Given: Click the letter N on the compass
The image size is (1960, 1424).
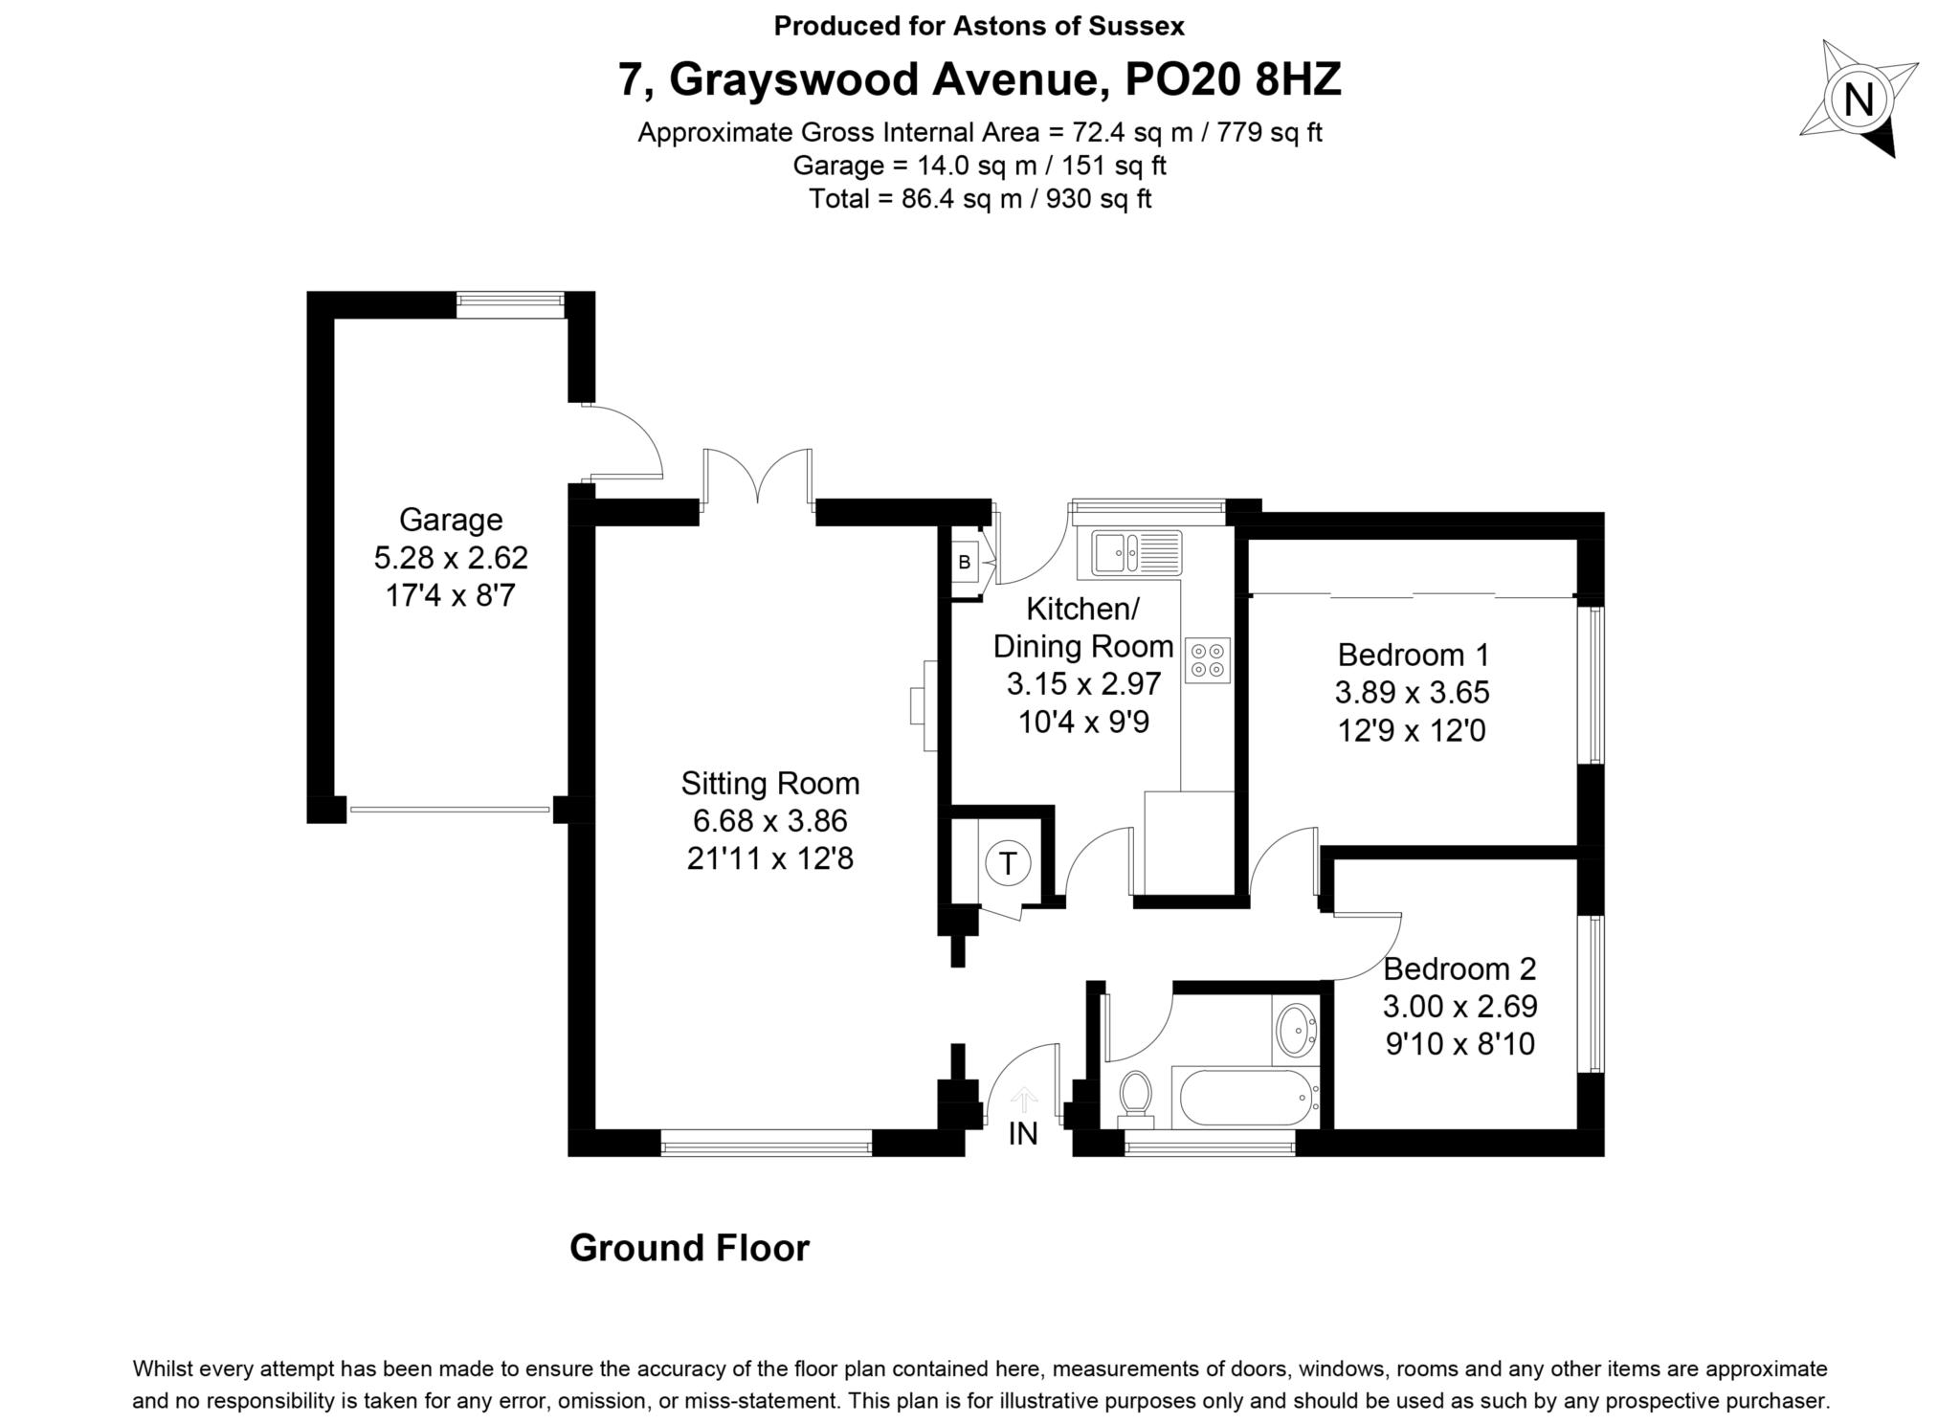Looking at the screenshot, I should click(x=1859, y=100).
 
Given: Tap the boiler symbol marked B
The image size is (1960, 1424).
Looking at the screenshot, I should click(x=965, y=563).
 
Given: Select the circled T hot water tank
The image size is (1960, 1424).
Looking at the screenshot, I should click(x=1007, y=864).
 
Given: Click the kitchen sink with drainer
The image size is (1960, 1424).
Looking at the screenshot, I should click(x=1129, y=554).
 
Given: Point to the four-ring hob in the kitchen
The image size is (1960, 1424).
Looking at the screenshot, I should click(x=1207, y=660).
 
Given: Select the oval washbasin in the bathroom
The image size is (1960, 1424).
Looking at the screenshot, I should click(x=1297, y=1030).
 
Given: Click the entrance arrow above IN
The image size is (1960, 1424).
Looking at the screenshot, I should click(x=1024, y=1099).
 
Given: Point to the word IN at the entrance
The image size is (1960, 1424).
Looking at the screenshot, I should click(x=1023, y=1134).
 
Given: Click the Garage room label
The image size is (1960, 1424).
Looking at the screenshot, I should click(x=450, y=520).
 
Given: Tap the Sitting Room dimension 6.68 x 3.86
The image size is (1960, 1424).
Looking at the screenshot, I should click(x=769, y=821).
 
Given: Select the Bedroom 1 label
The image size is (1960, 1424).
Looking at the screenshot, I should click(x=1413, y=656).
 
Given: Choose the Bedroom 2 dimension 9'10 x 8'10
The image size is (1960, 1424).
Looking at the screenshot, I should click(x=1459, y=1044).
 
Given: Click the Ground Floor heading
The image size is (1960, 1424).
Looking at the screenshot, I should click(x=689, y=1248).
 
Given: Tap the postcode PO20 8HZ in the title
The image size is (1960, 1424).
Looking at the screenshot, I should click(x=1233, y=79).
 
